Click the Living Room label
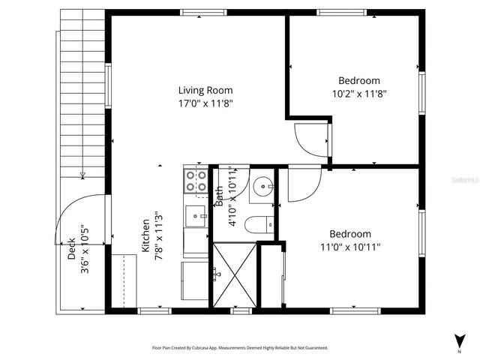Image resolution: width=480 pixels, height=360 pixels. [205, 91]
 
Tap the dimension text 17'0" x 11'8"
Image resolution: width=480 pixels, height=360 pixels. [205, 104]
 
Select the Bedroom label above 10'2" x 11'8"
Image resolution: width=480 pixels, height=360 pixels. [358, 81]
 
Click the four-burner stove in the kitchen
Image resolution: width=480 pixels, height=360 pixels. [196, 181]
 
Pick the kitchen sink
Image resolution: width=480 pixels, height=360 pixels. [196, 214]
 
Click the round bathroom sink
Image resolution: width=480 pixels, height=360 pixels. [262, 187]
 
